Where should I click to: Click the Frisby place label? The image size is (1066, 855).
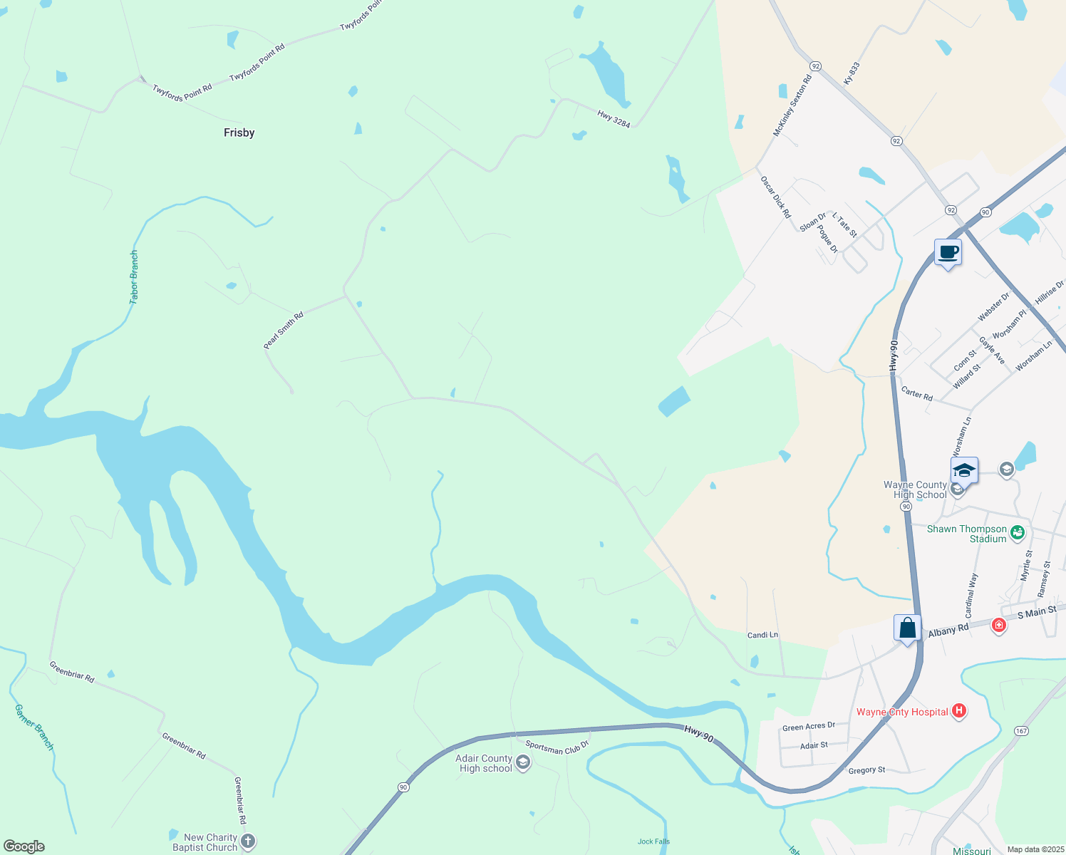(x=239, y=133)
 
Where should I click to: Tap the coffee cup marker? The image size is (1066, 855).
(x=948, y=252)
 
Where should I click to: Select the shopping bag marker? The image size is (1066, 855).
(x=907, y=628)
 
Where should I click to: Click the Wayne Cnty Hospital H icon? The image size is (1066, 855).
(x=959, y=710)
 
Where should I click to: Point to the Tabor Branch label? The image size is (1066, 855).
(x=134, y=277)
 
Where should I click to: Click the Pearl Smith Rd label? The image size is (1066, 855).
(x=284, y=330)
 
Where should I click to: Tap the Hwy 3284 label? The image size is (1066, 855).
(x=614, y=118)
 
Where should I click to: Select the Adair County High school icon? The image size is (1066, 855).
(x=523, y=764)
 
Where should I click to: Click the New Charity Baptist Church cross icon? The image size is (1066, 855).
(x=247, y=841)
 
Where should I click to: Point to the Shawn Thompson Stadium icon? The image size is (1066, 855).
(x=1018, y=532)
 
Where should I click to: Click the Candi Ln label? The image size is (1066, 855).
(x=762, y=635)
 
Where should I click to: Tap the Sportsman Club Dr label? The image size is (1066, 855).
(x=557, y=747)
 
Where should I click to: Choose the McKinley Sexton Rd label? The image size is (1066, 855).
(x=792, y=106)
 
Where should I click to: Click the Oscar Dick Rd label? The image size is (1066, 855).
(x=775, y=197)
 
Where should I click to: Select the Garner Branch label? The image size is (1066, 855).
(x=34, y=727)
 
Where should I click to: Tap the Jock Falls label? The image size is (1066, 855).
(x=653, y=841)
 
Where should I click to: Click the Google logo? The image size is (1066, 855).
(x=24, y=846)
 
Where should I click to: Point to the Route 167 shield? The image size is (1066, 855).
(x=1022, y=731)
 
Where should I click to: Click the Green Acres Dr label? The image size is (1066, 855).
(x=808, y=727)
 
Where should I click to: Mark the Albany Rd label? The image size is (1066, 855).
(x=948, y=630)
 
